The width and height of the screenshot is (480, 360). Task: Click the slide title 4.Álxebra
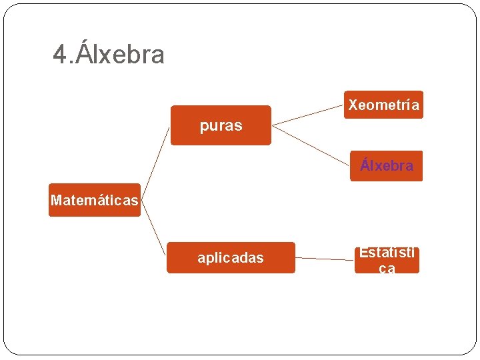pos(109,55)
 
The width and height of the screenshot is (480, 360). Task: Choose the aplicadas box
pos(230,258)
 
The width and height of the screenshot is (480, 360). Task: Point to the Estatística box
pos(387,261)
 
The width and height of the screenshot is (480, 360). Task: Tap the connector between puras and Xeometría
pos(308,114)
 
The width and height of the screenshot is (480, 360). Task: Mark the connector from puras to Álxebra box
pos(311,145)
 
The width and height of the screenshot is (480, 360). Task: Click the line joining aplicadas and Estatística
pos(324,258)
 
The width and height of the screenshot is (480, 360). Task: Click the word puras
pos(221,126)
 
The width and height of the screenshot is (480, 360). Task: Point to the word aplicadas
pos(230,258)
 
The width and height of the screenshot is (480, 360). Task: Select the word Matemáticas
pos(94,200)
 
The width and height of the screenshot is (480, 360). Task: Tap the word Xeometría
pos(383,105)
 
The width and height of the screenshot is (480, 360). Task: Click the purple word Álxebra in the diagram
pos(386,165)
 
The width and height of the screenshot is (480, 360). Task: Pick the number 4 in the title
pos(60,55)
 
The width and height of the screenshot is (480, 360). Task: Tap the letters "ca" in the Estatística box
pos(387,269)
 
